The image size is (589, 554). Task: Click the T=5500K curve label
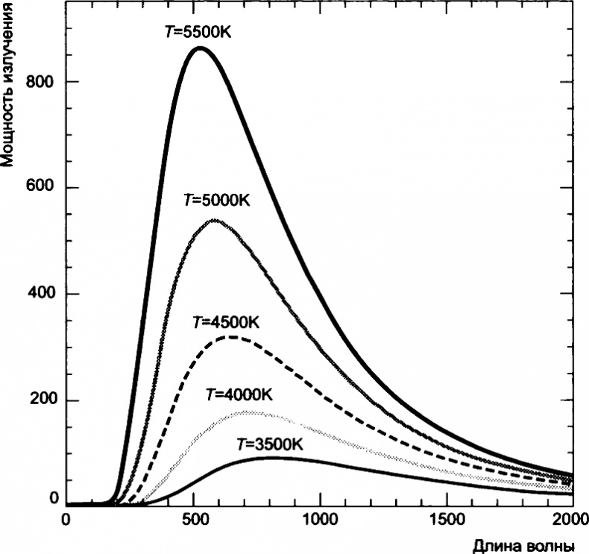click(193, 33)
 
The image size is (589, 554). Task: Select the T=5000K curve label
click(216, 201)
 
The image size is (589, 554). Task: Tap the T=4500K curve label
click(226, 323)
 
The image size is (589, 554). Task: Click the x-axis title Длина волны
click(523, 546)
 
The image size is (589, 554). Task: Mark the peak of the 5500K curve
click(199, 48)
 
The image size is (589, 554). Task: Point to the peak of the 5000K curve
click(214, 220)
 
